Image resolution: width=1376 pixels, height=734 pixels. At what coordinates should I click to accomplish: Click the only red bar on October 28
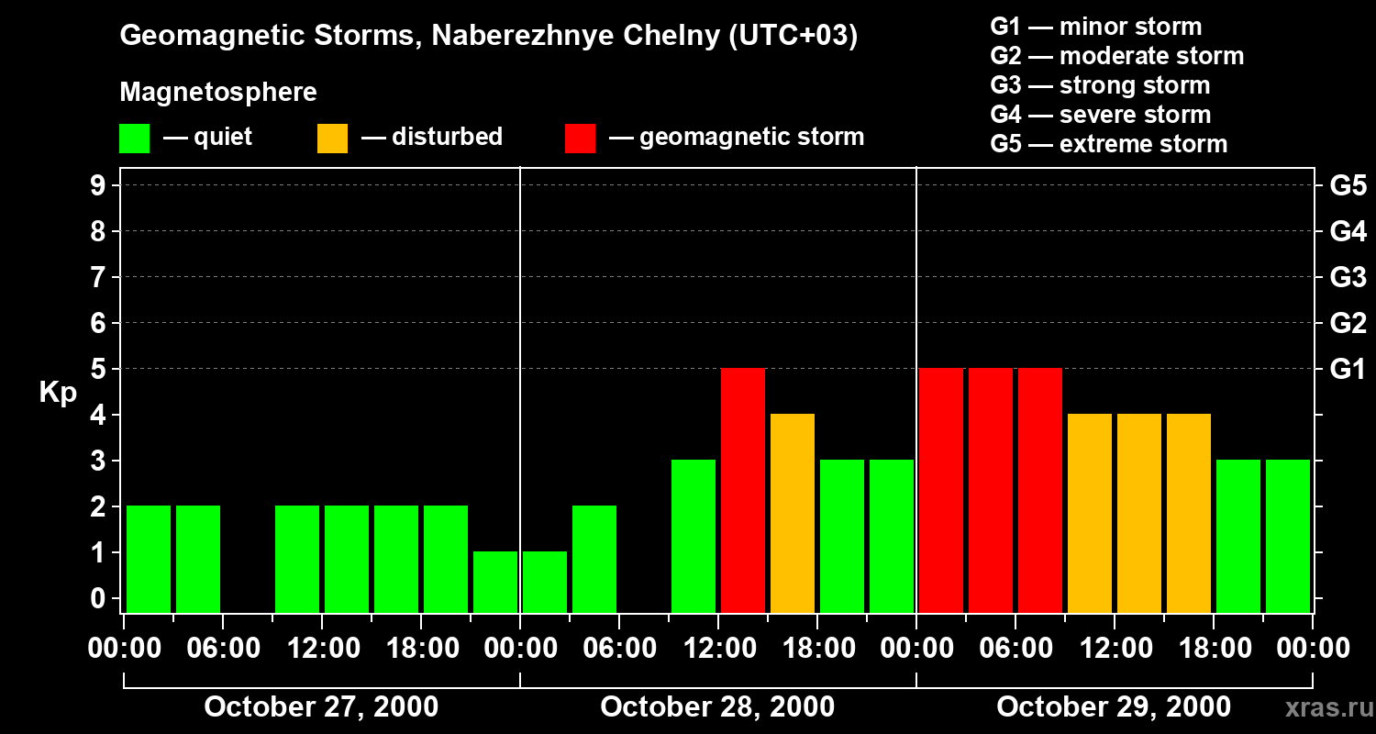click(743, 490)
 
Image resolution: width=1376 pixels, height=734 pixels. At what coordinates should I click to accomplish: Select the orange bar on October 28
click(793, 513)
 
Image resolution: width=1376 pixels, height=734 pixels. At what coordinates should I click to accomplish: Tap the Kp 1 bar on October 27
click(495, 582)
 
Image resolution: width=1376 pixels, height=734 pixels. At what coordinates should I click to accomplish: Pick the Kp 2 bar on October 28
click(594, 559)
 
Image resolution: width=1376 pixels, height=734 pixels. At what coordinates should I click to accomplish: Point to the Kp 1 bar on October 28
click(545, 582)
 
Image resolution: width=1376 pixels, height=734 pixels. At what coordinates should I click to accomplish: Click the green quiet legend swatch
click(134, 139)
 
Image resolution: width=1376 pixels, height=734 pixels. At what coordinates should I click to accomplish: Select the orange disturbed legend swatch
click(332, 139)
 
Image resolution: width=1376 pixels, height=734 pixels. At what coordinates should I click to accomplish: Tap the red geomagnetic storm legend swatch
click(580, 139)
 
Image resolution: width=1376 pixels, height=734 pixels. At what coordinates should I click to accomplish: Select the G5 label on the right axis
click(1348, 186)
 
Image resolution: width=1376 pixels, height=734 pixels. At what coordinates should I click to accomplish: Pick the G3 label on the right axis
click(1348, 277)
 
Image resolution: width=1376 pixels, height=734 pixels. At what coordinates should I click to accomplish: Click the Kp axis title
click(58, 393)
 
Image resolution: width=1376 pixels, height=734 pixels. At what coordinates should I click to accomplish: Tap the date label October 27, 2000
click(321, 707)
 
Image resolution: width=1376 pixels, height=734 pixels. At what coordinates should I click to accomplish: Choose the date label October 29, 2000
click(1114, 707)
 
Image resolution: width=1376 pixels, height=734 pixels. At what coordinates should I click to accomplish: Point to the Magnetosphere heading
click(218, 93)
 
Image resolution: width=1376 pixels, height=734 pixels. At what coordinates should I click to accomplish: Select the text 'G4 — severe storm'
click(1101, 115)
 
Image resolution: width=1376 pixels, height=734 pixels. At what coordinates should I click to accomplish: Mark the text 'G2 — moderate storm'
click(1117, 56)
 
